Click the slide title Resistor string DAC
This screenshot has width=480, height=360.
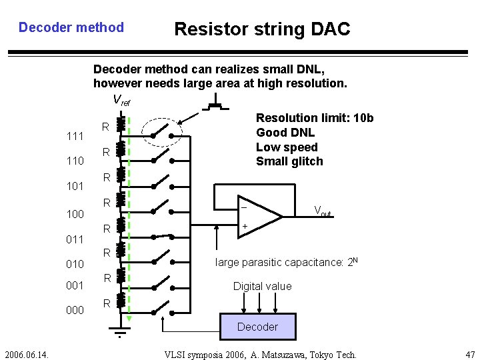[x=261, y=29]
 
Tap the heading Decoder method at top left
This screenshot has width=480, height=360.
[x=71, y=27]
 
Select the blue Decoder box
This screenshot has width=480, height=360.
[x=257, y=327]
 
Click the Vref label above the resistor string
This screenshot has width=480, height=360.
[x=121, y=101]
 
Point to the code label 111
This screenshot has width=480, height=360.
[x=75, y=137]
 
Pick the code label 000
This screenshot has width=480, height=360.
[x=75, y=310]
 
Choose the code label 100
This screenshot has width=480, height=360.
[x=75, y=214]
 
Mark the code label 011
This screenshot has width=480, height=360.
[x=75, y=239]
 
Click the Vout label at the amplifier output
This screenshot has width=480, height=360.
[x=323, y=211]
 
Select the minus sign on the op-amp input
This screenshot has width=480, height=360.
[x=244, y=207]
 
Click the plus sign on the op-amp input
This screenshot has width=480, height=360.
[x=245, y=227]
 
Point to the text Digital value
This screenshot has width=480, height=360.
[x=262, y=286]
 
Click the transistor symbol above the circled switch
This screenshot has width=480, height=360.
[x=215, y=105]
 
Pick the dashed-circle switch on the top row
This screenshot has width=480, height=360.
[x=164, y=132]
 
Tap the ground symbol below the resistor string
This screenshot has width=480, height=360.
[x=119, y=333]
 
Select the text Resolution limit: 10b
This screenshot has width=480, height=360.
[x=315, y=118]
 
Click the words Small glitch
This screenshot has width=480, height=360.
[x=289, y=161]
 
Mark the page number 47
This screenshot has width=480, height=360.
[x=471, y=353]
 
